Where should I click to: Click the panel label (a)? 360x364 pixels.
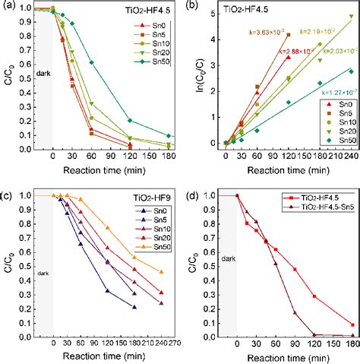[x=9, y=6]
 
